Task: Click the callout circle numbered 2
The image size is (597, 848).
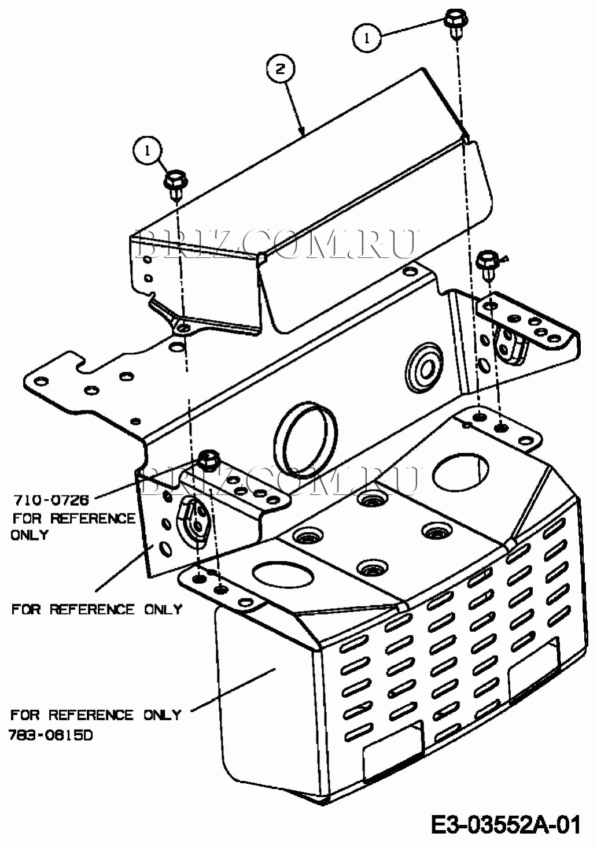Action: pos(281,70)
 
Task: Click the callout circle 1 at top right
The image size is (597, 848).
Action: pos(367,38)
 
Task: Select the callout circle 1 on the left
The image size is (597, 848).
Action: pos(148,151)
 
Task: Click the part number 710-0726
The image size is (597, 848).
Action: pos(51,501)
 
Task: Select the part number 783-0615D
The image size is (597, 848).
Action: pos(50,735)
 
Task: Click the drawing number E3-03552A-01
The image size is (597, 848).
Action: pos(506,825)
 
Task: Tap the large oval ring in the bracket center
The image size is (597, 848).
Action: pos(305,439)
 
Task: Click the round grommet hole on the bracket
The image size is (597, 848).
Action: pos(424,366)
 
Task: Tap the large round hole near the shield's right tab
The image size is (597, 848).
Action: pos(460,472)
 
